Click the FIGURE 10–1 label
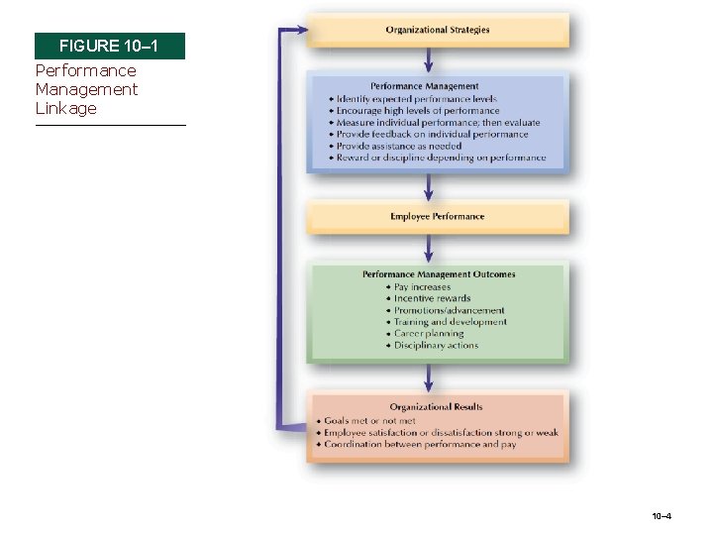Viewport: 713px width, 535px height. pos(109,47)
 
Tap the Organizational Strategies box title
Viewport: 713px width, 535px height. pos(438,30)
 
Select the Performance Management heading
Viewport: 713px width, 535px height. pos(425,86)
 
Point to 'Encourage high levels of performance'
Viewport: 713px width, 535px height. pos(418,111)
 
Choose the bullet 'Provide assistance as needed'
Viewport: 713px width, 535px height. pos(398,146)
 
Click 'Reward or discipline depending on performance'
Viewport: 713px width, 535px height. pos(441,158)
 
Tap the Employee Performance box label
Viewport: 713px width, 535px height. pos(438,216)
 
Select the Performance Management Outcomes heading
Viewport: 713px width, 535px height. pos(439,274)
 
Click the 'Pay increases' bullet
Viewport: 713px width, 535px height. pos(422,287)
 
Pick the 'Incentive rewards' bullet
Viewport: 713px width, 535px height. pos(432,298)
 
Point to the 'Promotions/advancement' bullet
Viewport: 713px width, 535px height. pos(449,310)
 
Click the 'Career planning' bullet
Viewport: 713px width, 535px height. pos(428,334)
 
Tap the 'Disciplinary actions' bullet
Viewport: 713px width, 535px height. pos(436,346)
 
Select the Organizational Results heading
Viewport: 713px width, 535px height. pos(437,407)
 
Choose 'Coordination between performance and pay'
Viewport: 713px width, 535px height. pos(419,445)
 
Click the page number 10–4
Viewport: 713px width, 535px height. pos(662,517)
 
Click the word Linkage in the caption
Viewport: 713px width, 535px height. pos(65,108)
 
